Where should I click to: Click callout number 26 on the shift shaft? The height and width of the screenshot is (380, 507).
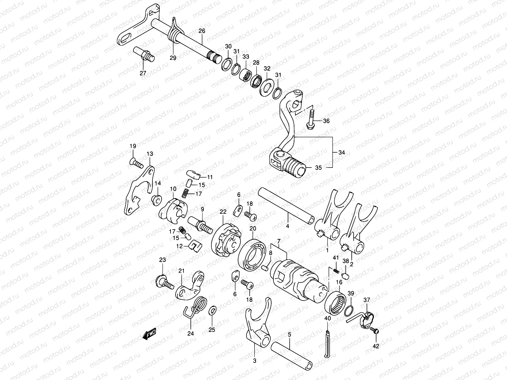click(x=202, y=31)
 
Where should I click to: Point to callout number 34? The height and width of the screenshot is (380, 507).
click(x=342, y=152)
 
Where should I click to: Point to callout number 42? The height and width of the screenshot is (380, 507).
click(x=376, y=346)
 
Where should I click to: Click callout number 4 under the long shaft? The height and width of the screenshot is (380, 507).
click(x=287, y=226)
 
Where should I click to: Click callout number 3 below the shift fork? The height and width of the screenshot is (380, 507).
click(x=254, y=360)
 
